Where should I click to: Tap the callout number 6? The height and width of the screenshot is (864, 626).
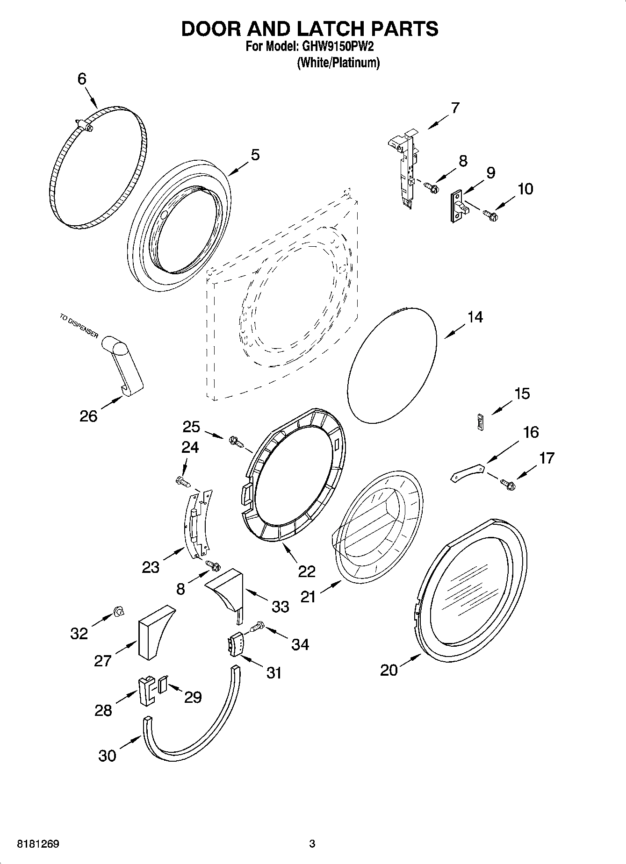coord(82,79)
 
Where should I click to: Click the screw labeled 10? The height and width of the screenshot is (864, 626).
coord(490,215)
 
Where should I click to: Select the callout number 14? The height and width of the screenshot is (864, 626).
coord(475,317)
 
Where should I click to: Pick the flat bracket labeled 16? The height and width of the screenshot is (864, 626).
coord(467,472)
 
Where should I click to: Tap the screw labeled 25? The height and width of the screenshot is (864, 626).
coord(235,441)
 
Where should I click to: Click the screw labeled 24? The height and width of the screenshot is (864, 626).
coord(183,480)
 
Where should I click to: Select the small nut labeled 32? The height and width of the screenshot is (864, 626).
coord(119,611)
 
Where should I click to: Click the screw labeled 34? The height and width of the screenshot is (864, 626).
coord(258,625)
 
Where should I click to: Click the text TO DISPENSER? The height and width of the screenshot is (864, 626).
coord(79,326)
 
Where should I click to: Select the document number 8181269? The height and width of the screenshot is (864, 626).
coord(38,844)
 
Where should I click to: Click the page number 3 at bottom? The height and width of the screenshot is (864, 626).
coord(312,844)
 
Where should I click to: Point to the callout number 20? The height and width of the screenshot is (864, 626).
coord(389,670)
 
